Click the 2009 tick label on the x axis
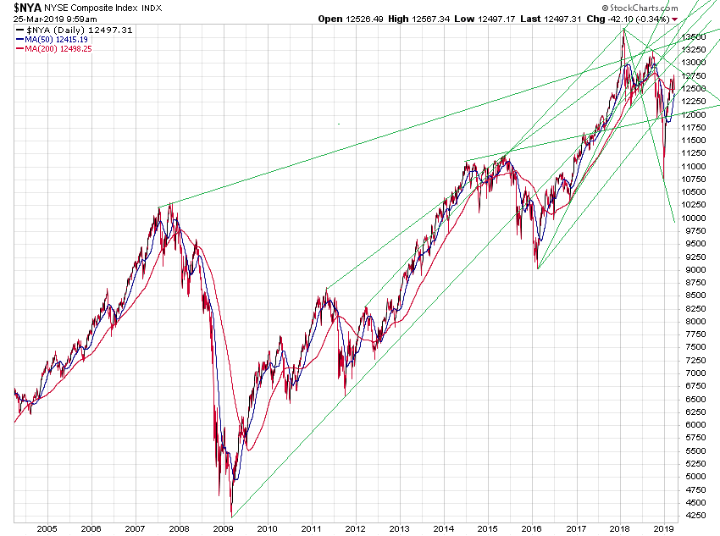(223, 527)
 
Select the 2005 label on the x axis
(46, 527)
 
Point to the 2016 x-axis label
(532, 527)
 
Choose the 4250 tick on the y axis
(696, 515)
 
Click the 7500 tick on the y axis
(696, 347)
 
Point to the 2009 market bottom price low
(231, 514)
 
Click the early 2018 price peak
(624, 30)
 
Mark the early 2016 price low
(537, 267)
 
